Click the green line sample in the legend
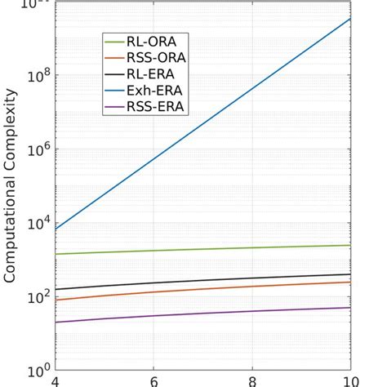pos(114,41)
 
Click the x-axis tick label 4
pos(56,381)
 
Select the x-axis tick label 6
pos(153,381)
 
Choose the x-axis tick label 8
pos(252,381)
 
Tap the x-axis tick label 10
pos(349,381)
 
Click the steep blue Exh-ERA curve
pos(204,123)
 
